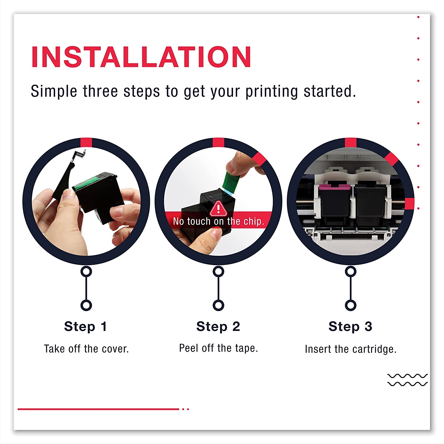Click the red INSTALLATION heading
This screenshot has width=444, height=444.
coord(141,57)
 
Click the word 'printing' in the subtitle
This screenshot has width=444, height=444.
coord(271,92)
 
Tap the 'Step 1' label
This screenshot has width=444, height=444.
coord(86,326)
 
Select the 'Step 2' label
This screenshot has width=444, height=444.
coord(218,326)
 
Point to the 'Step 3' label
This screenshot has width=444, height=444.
coord(350,326)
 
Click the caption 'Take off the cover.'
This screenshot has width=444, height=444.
coord(86,349)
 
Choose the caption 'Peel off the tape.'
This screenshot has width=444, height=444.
coord(219,348)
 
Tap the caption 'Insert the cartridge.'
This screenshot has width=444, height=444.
coord(351,349)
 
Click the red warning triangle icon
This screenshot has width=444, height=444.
coord(218,209)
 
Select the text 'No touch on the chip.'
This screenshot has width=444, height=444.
coord(218,221)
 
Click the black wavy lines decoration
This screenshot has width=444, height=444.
coord(407,380)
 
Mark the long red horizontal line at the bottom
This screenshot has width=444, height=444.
coord(99,409)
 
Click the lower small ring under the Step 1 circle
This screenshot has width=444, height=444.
coord(86,305)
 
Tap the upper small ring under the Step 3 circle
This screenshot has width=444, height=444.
coord(350,271)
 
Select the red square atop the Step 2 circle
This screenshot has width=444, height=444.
coord(218,142)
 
